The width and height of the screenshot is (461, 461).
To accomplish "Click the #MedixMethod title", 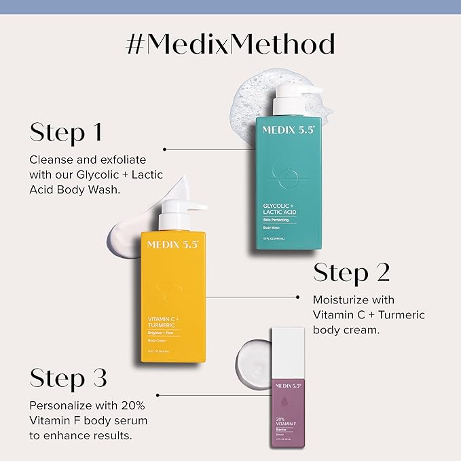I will tap(230, 44).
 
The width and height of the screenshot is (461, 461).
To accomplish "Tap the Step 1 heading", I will tap(66, 132).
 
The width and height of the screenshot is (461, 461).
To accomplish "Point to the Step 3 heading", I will tap(69, 378).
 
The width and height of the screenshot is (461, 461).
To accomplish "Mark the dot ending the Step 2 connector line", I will tap(299, 297).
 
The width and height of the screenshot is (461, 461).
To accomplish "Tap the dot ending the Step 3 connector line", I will tap(158, 394).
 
